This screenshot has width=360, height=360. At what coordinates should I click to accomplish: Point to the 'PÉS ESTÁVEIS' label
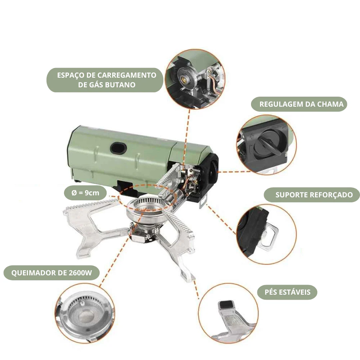[x=287, y=292]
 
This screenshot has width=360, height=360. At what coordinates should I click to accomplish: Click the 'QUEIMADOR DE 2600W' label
[x=51, y=273]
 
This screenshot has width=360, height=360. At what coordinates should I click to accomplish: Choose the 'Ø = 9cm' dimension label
[x=85, y=193]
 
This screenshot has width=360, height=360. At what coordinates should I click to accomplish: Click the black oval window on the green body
[x=118, y=148]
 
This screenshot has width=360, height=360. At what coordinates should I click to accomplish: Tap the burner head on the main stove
[x=146, y=208]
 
